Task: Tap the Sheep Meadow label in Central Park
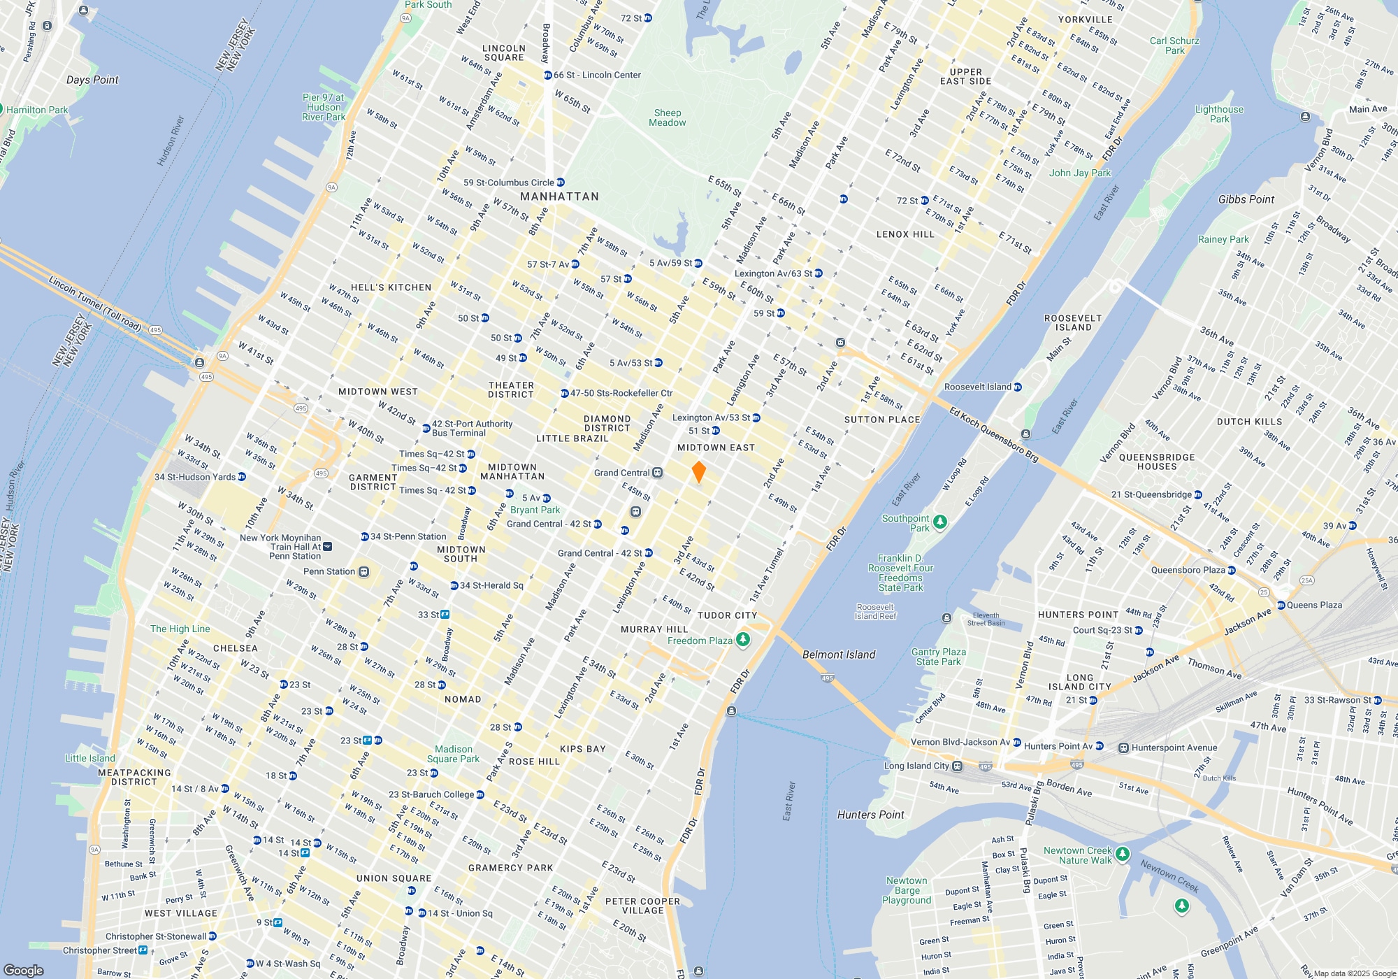tap(667, 117)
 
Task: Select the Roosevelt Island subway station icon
tap(1017, 387)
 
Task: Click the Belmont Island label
tap(838, 655)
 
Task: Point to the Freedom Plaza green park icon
tap(743, 639)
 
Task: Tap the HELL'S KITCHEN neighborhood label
tap(391, 287)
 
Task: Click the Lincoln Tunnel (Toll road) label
tap(95, 303)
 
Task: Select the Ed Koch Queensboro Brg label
tap(993, 434)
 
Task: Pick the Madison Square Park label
tap(453, 754)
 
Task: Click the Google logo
tap(24, 970)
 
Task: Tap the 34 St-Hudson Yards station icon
tap(242, 477)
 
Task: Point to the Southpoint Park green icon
tap(940, 522)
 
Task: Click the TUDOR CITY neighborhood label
tap(727, 615)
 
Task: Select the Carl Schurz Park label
tap(1174, 45)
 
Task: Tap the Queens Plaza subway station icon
tap(1281, 605)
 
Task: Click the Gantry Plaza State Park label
tap(938, 657)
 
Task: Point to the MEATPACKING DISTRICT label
tap(134, 777)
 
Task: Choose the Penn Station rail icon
tap(363, 572)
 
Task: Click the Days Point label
tap(92, 80)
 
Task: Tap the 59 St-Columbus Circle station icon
tap(560, 183)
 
